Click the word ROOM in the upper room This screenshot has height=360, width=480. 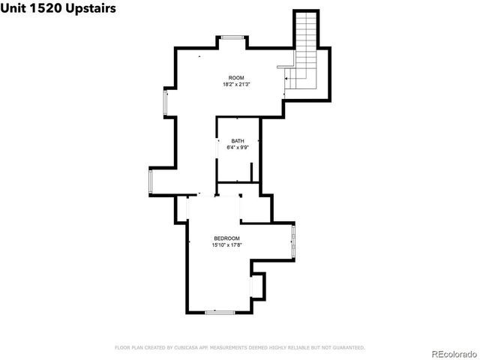pyautogui.click(x=237, y=78)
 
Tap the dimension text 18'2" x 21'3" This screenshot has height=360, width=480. pyautogui.click(x=237, y=85)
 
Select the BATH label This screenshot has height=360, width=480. pyautogui.click(x=237, y=141)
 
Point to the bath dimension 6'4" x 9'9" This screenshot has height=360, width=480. pyautogui.click(x=237, y=148)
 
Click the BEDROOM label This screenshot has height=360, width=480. pyautogui.click(x=226, y=238)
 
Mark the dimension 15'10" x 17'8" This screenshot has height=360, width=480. pyautogui.click(x=226, y=244)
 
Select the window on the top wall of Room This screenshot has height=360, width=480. pyautogui.click(x=232, y=37)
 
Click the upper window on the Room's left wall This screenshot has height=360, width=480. pyautogui.click(x=166, y=103)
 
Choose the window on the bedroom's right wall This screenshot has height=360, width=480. pyautogui.click(x=293, y=241)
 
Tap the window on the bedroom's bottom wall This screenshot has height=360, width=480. pyautogui.click(x=219, y=311)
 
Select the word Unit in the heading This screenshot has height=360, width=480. pyautogui.click(x=13, y=7)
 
